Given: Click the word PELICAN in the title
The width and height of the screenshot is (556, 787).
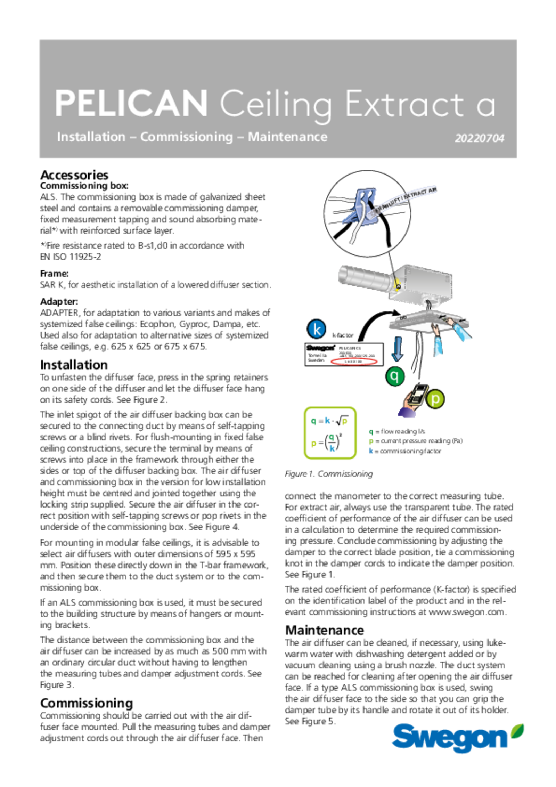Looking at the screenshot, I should tap(131, 103).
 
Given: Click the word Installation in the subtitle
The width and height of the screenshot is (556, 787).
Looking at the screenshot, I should tap(91, 137).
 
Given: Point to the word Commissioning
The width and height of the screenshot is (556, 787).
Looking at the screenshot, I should tap(186, 137).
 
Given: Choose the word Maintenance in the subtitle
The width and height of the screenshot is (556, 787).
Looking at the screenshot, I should tap(287, 137).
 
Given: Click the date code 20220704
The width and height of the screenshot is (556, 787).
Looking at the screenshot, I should tap(479, 138).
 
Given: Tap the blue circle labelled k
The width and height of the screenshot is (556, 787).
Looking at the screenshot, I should tap(317, 329).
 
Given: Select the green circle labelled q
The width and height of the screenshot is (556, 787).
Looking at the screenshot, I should tap(395, 376).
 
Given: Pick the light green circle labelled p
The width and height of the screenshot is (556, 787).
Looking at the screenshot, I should tap(435, 399).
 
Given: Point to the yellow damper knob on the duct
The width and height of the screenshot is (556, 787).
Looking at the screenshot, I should tap(397, 286).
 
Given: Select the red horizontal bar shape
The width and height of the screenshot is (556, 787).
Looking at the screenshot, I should tap(355, 362).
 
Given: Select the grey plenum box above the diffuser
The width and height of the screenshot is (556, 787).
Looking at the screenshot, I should tap(420, 283).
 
